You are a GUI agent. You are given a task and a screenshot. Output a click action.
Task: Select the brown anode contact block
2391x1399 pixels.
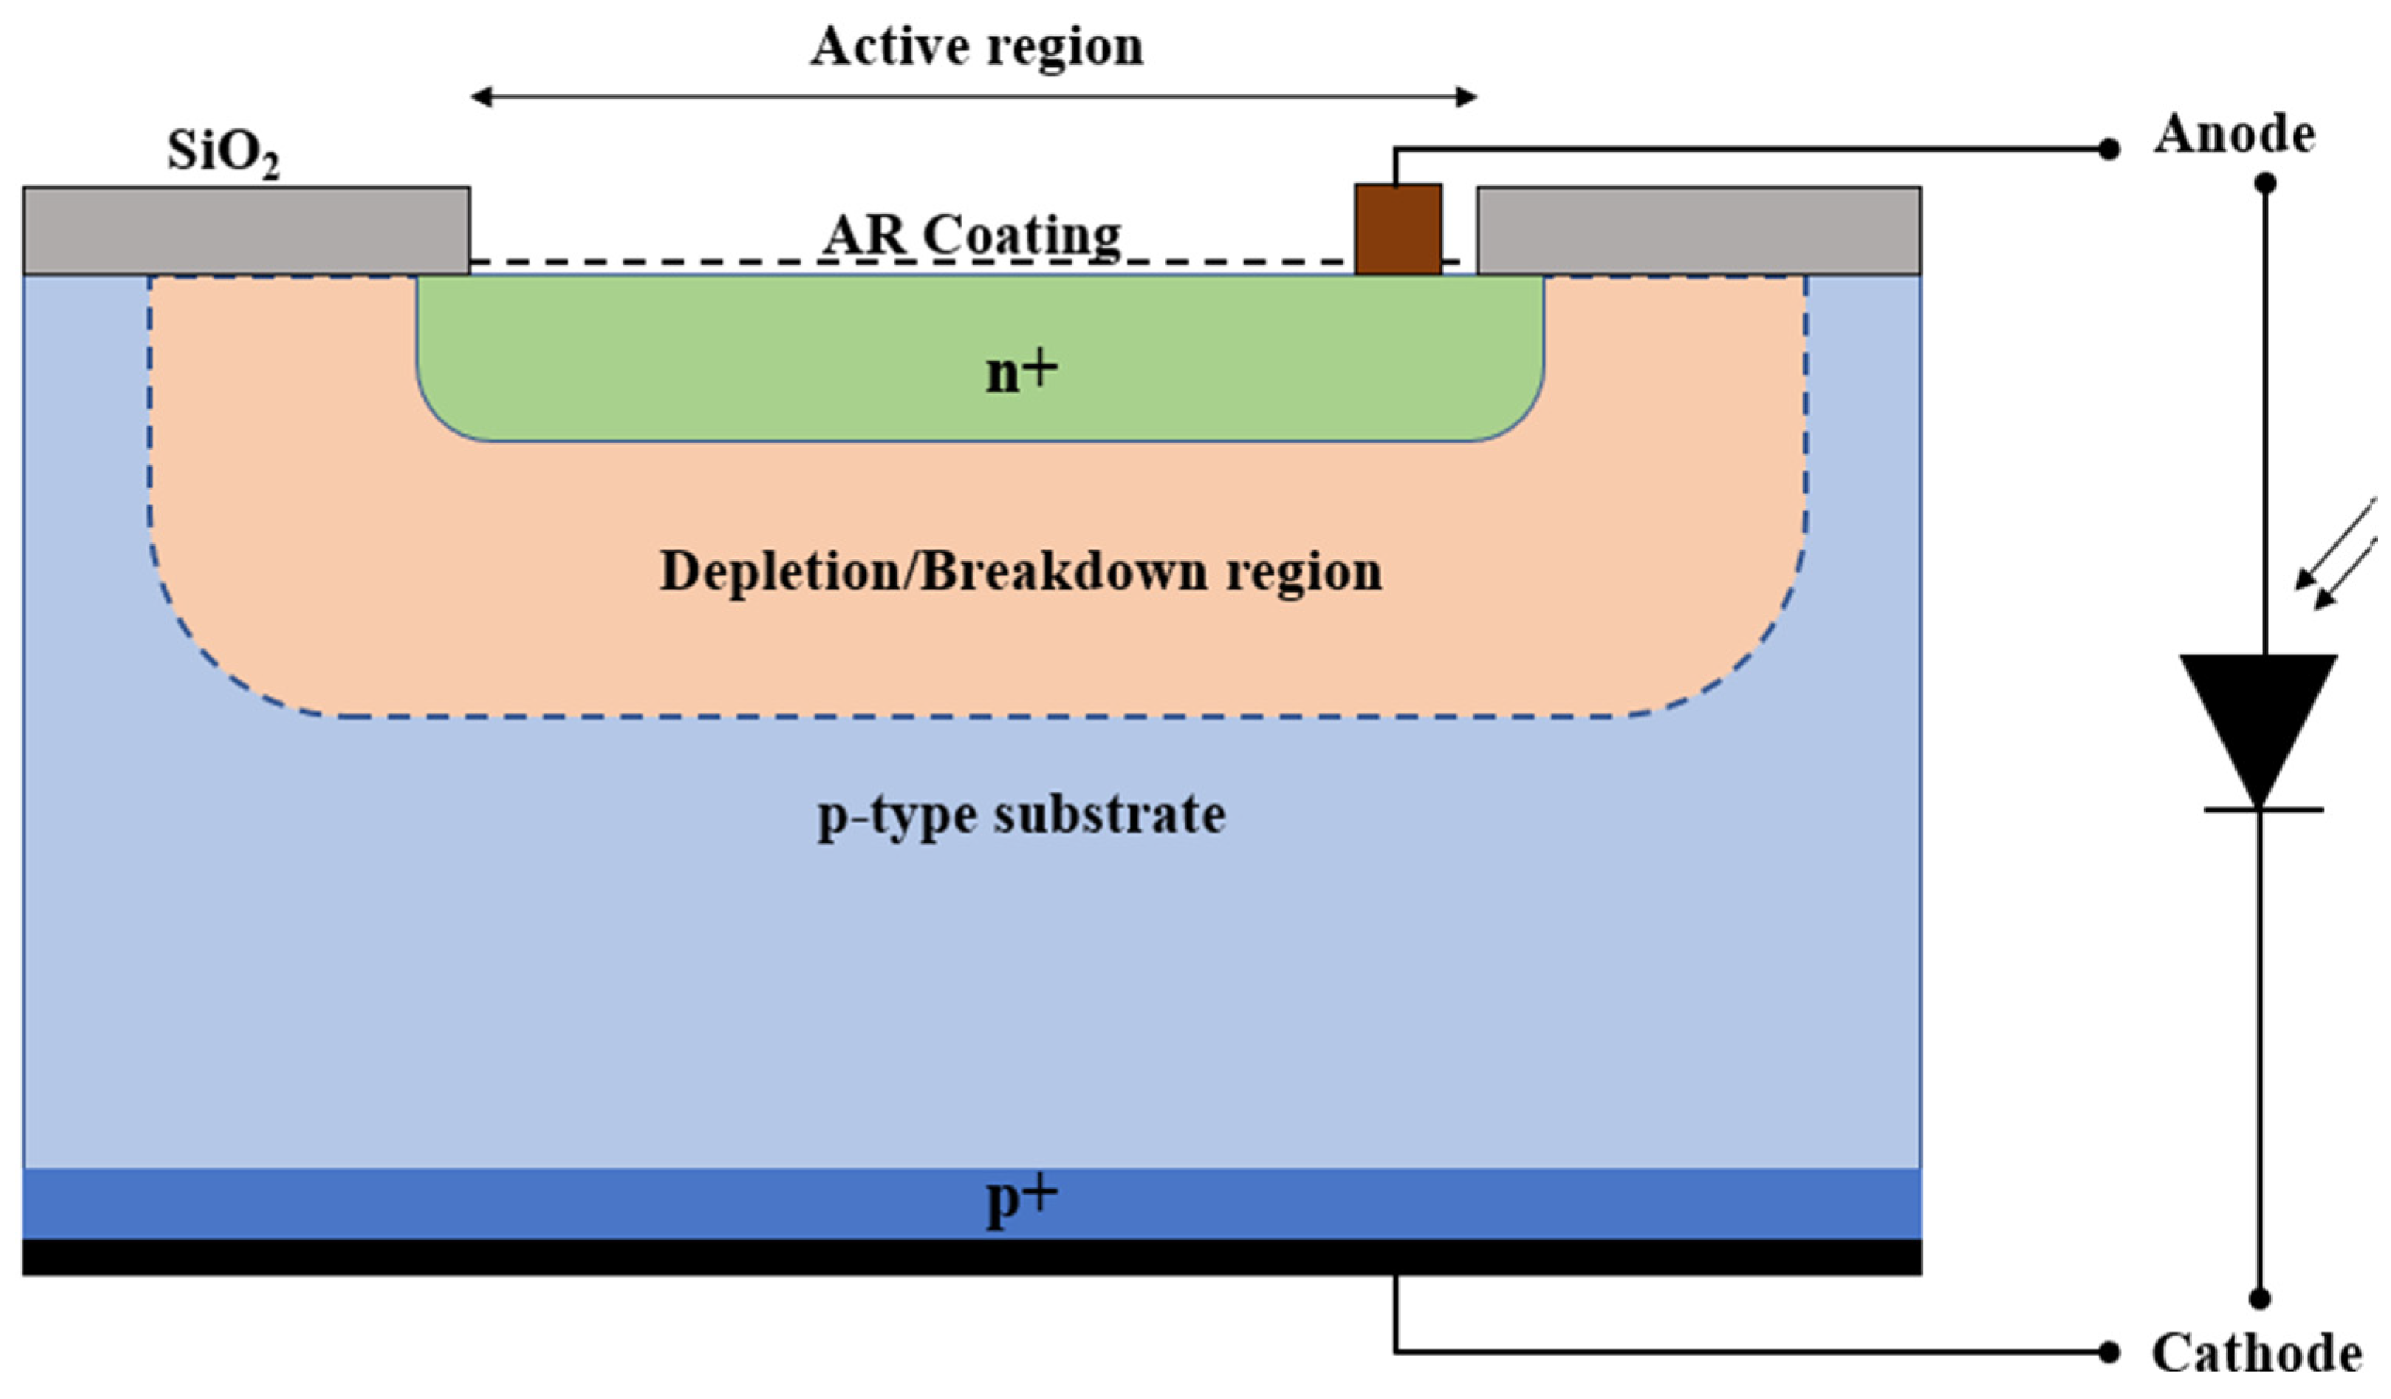point(1398,230)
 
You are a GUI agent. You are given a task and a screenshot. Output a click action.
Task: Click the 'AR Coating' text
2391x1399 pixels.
point(972,234)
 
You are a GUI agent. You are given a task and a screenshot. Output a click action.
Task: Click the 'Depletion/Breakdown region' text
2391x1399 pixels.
point(1020,572)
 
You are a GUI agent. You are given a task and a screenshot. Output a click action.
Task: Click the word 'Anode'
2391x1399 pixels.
point(2235,135)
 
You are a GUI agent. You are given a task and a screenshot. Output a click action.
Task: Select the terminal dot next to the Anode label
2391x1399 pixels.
point(2108,149)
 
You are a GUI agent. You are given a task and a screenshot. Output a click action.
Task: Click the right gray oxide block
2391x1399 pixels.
point(1698,231)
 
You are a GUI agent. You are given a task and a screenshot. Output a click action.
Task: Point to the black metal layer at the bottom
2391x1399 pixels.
point(972,1257)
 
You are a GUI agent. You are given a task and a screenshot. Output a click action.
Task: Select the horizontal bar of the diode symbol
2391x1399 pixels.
point(2263,810)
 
